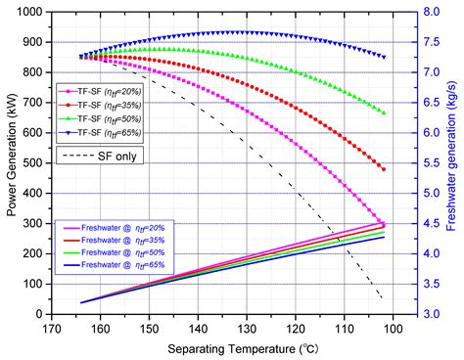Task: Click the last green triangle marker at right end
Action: (x=383, y=113)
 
